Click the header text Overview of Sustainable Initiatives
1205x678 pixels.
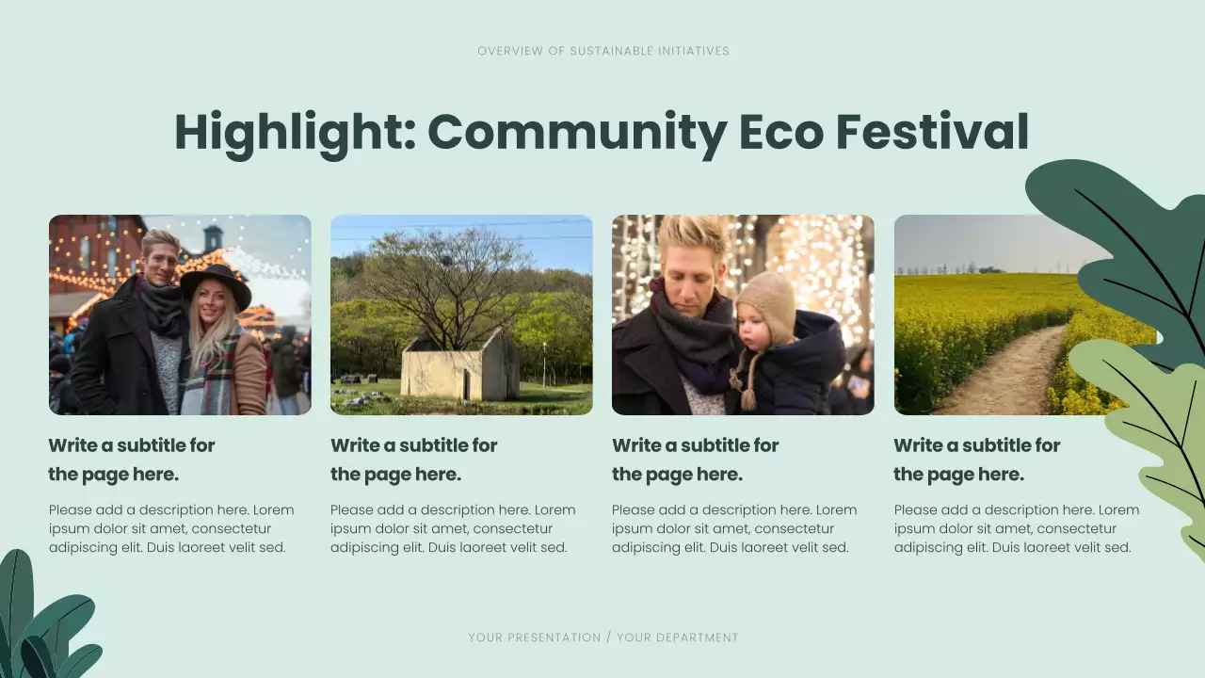point(602,51)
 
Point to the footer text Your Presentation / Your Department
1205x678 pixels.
point(602,638)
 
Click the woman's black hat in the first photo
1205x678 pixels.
point(217,283)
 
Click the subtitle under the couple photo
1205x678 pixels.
point(132,460)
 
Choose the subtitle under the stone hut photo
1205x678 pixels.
point(413,460)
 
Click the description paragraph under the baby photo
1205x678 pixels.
point(734,528)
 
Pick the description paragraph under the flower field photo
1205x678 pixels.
point(1016,528)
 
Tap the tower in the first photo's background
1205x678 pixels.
point(213,237)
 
